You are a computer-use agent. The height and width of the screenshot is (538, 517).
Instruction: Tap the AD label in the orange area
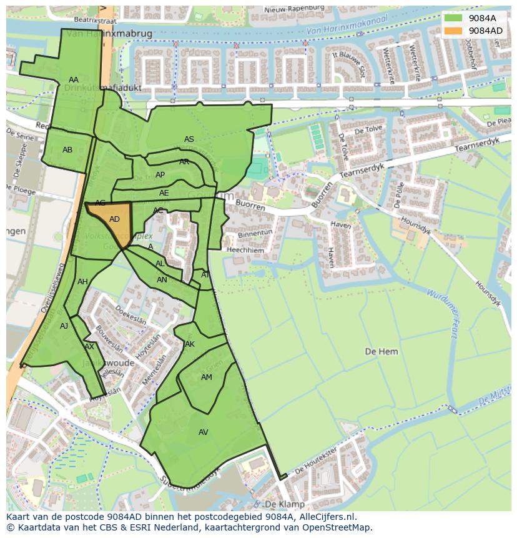click(x=114, y=219)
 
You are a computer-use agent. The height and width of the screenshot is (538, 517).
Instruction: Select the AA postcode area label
click(x=74, y=80)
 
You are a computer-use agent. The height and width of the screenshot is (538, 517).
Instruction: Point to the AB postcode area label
click(x=67, y=150)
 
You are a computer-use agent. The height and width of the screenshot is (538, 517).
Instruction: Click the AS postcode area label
click(x=189, y=139)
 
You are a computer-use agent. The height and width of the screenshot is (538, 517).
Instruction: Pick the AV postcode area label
click(x=203, y=432)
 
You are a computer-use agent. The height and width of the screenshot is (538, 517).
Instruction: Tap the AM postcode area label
click(x=207, y=377)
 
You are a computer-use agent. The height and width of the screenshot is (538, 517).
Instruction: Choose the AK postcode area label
click(x=190, y=344)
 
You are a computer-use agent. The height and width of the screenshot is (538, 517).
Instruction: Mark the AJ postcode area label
click(x=64, y=326)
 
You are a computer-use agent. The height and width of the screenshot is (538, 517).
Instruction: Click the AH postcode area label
click(x=82, y=282)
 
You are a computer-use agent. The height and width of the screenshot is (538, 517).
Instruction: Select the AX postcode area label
click(x=89, y=347)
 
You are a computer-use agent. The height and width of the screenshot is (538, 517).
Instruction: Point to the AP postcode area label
click(x=160, y=175)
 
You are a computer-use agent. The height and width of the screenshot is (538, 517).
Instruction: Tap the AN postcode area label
click(x=162, y=280)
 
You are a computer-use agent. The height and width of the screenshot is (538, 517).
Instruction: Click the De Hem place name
click(x=381, y=352)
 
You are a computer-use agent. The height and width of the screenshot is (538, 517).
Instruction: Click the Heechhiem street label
click(x=246, y=250)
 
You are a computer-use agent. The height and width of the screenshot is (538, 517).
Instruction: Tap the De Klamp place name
click(x=284, y=504)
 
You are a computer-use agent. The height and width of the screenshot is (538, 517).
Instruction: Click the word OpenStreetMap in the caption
click(x=337, y=527)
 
